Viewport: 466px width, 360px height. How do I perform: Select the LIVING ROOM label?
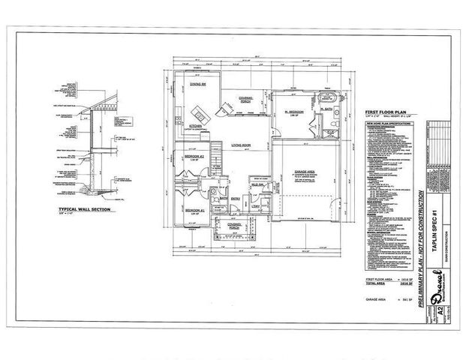click(x=240, y=143)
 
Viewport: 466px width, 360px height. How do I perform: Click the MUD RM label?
click(x=256, y=184)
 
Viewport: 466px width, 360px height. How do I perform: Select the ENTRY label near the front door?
click(x=236, y=198)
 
